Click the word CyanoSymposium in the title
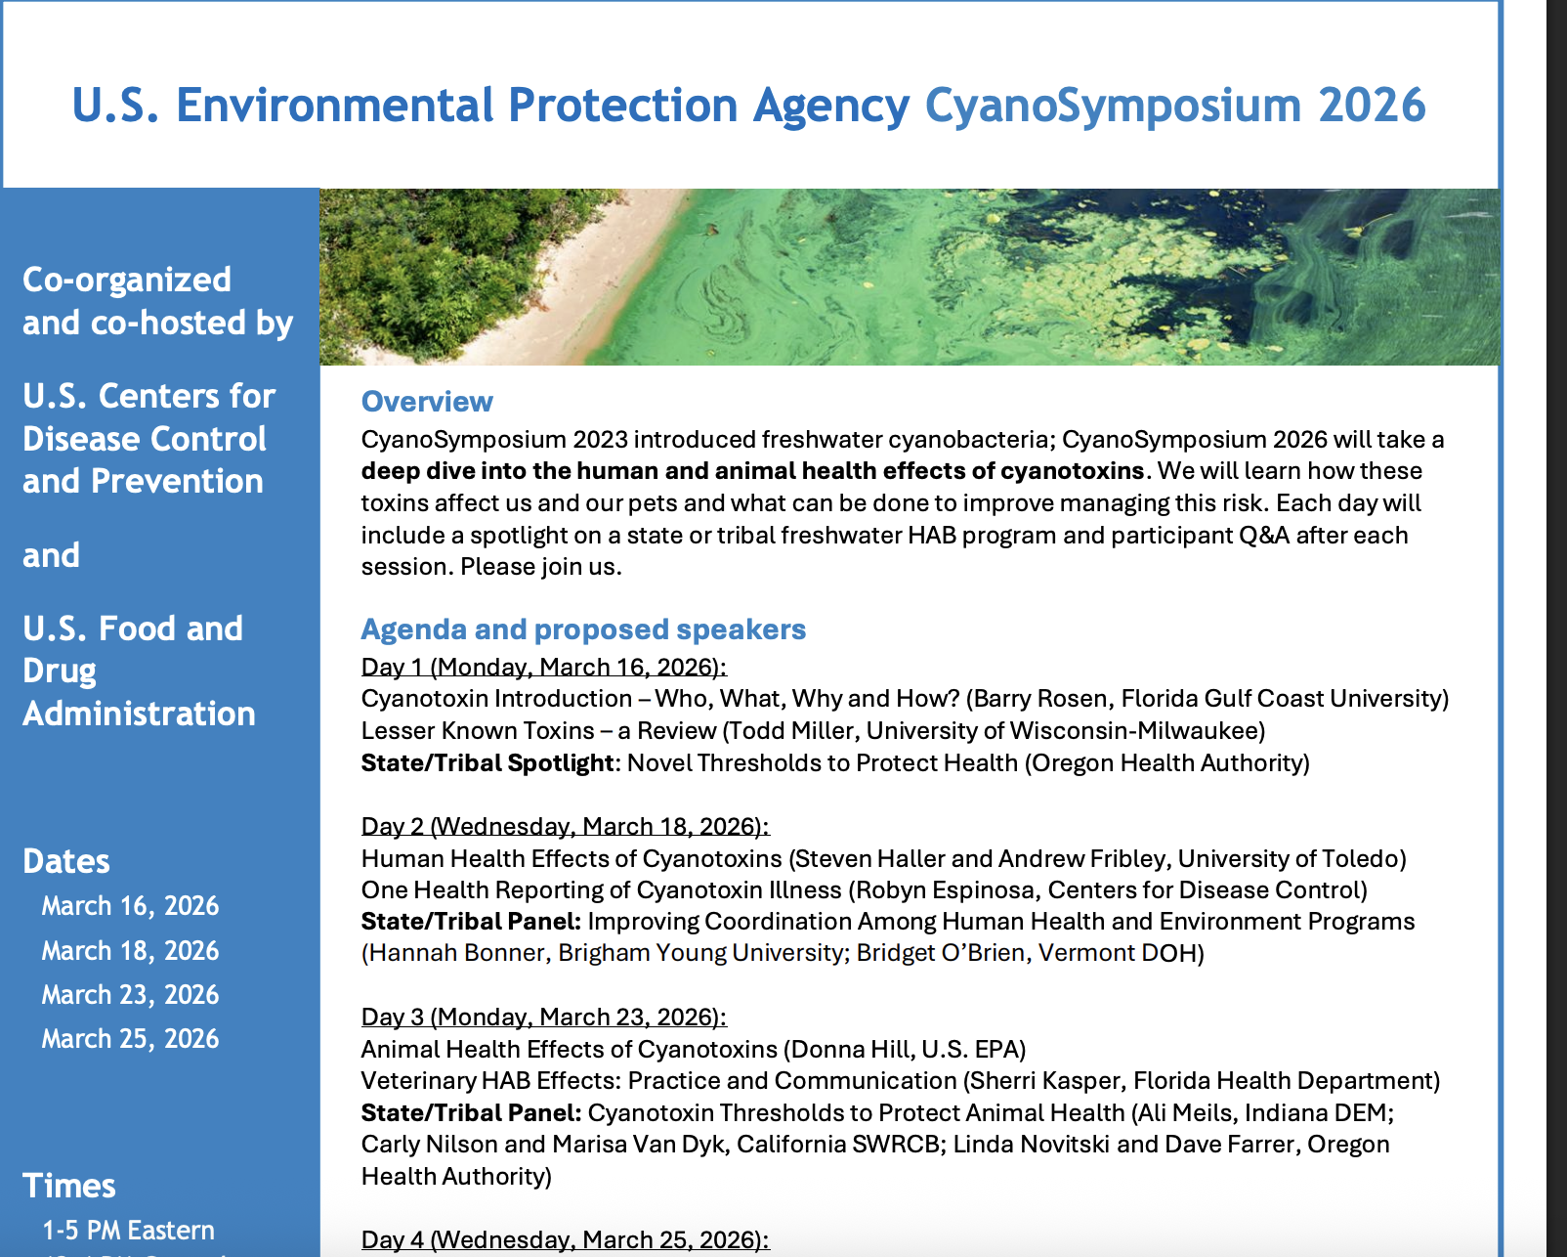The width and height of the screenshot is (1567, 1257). pos(1113,106)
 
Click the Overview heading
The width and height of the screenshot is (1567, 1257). pos(427,402)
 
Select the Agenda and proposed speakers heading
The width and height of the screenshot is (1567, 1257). pos(583,629)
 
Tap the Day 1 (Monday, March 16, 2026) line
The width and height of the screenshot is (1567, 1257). pos(543,667)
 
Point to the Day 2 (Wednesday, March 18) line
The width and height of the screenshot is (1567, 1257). pos(565,826)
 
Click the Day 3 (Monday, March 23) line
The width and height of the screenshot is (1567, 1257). pos(543,1017)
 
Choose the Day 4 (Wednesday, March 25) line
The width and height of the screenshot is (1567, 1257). pos(565,1239)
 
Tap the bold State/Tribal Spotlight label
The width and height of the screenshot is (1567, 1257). pos(487,763)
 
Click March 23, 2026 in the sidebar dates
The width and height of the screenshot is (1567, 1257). pos(130,995)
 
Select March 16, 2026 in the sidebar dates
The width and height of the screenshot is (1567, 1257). pos(130,906)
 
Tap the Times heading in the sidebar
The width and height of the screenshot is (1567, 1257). pos(69,1186)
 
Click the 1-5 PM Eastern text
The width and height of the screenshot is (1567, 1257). pos(128,1231)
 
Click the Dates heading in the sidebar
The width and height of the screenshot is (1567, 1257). pos(66,861)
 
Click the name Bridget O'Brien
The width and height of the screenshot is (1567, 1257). pos(942,953)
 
